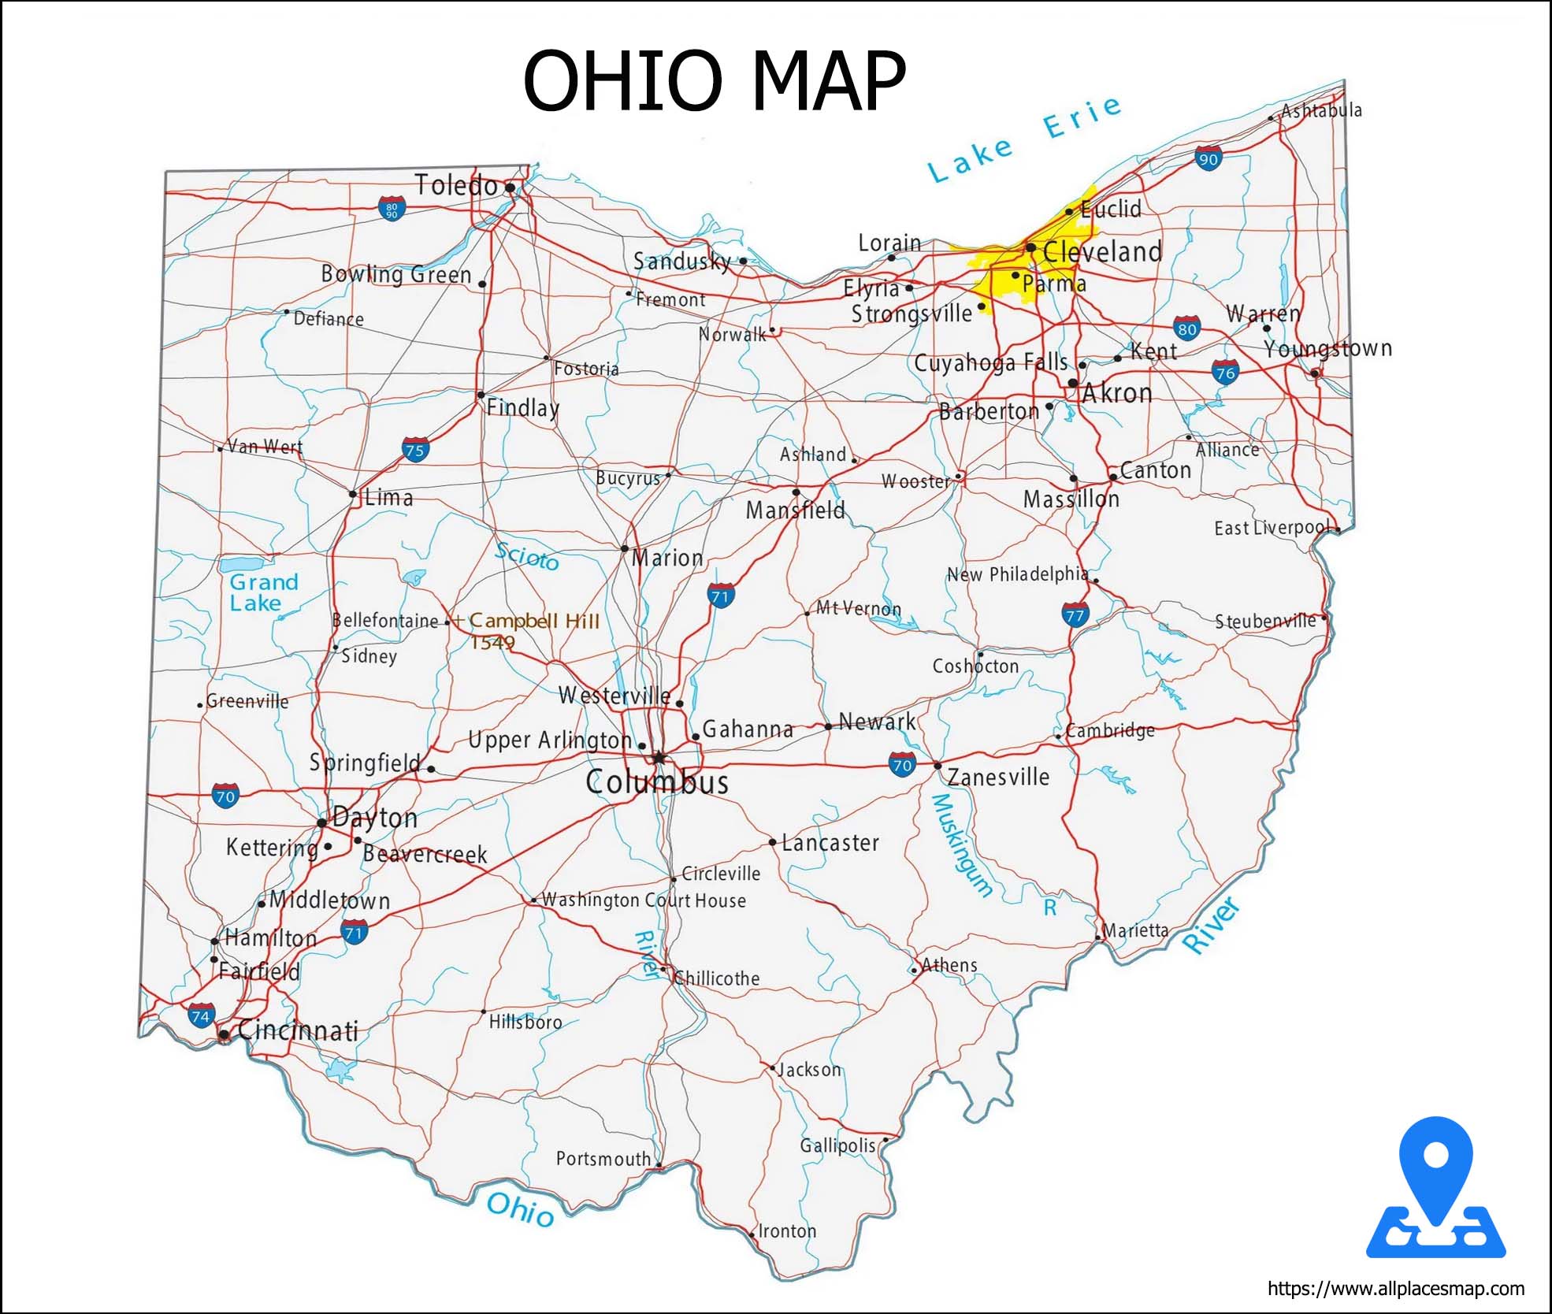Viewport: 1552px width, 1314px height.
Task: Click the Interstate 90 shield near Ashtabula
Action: (1208, 158)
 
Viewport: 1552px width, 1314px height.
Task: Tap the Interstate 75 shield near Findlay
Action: (415, 450)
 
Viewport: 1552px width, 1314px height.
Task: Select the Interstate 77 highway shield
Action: (1075, 614)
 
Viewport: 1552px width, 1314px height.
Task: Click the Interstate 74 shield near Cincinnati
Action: (201, 1015)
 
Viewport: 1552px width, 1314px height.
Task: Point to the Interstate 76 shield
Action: (1225, 372)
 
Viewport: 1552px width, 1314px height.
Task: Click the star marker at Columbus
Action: (659, 758)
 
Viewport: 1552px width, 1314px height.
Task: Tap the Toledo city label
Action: (456, 185)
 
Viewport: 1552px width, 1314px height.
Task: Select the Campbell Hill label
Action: (534, 621)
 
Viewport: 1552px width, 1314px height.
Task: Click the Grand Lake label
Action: (263, 592)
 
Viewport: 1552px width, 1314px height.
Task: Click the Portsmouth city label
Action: (603, 1158)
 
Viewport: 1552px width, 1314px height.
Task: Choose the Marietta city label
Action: (1134, 930)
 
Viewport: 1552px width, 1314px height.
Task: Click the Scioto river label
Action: (526, 557)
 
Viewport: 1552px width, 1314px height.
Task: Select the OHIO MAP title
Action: (714, 80)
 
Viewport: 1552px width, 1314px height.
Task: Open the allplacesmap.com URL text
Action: (1395, 1289)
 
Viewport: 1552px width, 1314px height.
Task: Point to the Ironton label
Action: (787, 1230)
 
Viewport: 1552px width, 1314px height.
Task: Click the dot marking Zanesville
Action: (938, 765)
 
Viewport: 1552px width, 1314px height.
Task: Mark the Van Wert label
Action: (265, 447)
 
